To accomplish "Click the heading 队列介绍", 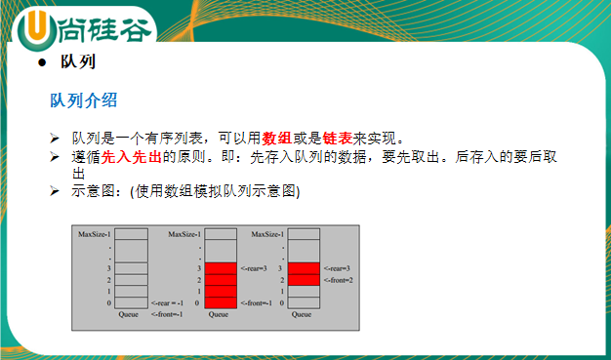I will click(x=85, y=100).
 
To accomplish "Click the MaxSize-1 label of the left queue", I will click(x=95, y=234).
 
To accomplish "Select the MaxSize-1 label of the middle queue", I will click(x=183, y=234).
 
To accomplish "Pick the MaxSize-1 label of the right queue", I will click(x=267, y=234).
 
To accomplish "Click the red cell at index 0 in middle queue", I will click(x=222, y=303).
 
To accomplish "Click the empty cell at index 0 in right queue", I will click(x=305, y=303).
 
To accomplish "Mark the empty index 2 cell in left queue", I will click(x=133, y=280).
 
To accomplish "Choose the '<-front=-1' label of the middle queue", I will click(x=256, y=303).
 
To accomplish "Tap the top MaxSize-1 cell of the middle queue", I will click(x=222, y=234).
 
